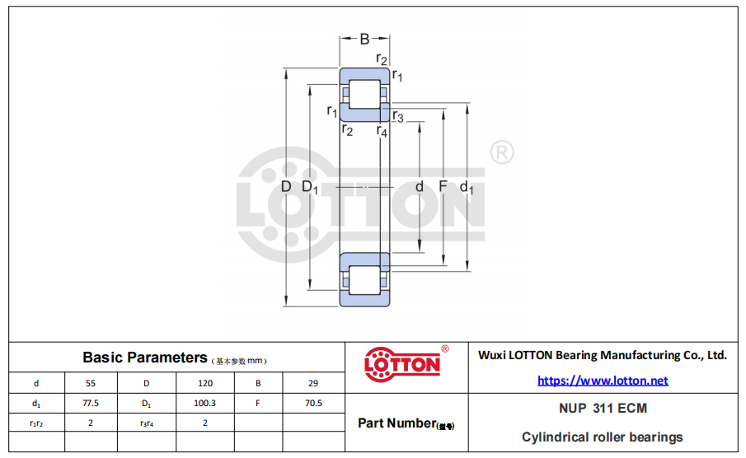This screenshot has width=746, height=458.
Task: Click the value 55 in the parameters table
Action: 91,383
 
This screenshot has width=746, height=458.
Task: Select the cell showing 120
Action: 205,383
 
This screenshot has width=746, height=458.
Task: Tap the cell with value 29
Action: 313,383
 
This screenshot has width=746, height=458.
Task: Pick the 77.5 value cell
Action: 91,403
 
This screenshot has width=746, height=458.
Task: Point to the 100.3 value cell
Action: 204,403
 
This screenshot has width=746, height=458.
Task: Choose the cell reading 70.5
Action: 313,403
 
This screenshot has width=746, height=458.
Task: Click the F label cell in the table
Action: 258,403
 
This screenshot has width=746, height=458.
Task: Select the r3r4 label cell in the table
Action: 147,423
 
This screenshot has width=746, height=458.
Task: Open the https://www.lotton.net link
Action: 603,381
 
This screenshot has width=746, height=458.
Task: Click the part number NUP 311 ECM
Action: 603,408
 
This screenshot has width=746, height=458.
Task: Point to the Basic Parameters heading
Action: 145,358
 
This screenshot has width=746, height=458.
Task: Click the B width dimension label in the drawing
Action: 364,39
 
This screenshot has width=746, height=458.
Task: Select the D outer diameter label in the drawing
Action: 286,186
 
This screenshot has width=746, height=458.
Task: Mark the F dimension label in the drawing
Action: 443,186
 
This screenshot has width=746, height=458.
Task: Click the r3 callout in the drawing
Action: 398,116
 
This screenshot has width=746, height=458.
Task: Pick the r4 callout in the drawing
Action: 382,131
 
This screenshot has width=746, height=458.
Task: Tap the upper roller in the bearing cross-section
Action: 364,94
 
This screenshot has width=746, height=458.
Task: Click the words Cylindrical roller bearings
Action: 603,437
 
